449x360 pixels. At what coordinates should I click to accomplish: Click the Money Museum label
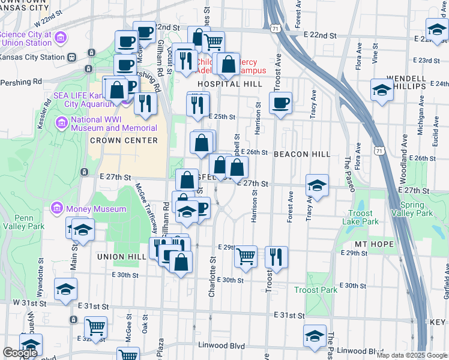coord(96,209)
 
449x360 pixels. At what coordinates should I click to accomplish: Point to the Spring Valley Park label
coord(416,209)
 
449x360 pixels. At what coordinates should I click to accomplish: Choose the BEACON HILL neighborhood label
coord(301,154)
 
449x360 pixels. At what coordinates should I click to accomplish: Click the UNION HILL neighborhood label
coord(118,256)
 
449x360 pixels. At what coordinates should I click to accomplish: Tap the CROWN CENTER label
coord(124,140)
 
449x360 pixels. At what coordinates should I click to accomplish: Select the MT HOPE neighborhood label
coord(373,244)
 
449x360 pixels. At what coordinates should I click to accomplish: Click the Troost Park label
coord(316,290)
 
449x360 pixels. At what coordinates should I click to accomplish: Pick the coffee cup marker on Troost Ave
coord(280,103)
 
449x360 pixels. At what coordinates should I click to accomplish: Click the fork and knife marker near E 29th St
coord(276,256)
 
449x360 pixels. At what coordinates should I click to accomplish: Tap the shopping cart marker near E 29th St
coord(246,256)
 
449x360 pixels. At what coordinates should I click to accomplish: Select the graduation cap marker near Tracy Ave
coord(317,185)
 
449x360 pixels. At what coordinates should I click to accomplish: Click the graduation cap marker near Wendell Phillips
coord(382,90)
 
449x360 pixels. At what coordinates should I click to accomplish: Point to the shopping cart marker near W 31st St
coord(95,327)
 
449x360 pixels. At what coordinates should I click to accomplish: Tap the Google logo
coord(20,353)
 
